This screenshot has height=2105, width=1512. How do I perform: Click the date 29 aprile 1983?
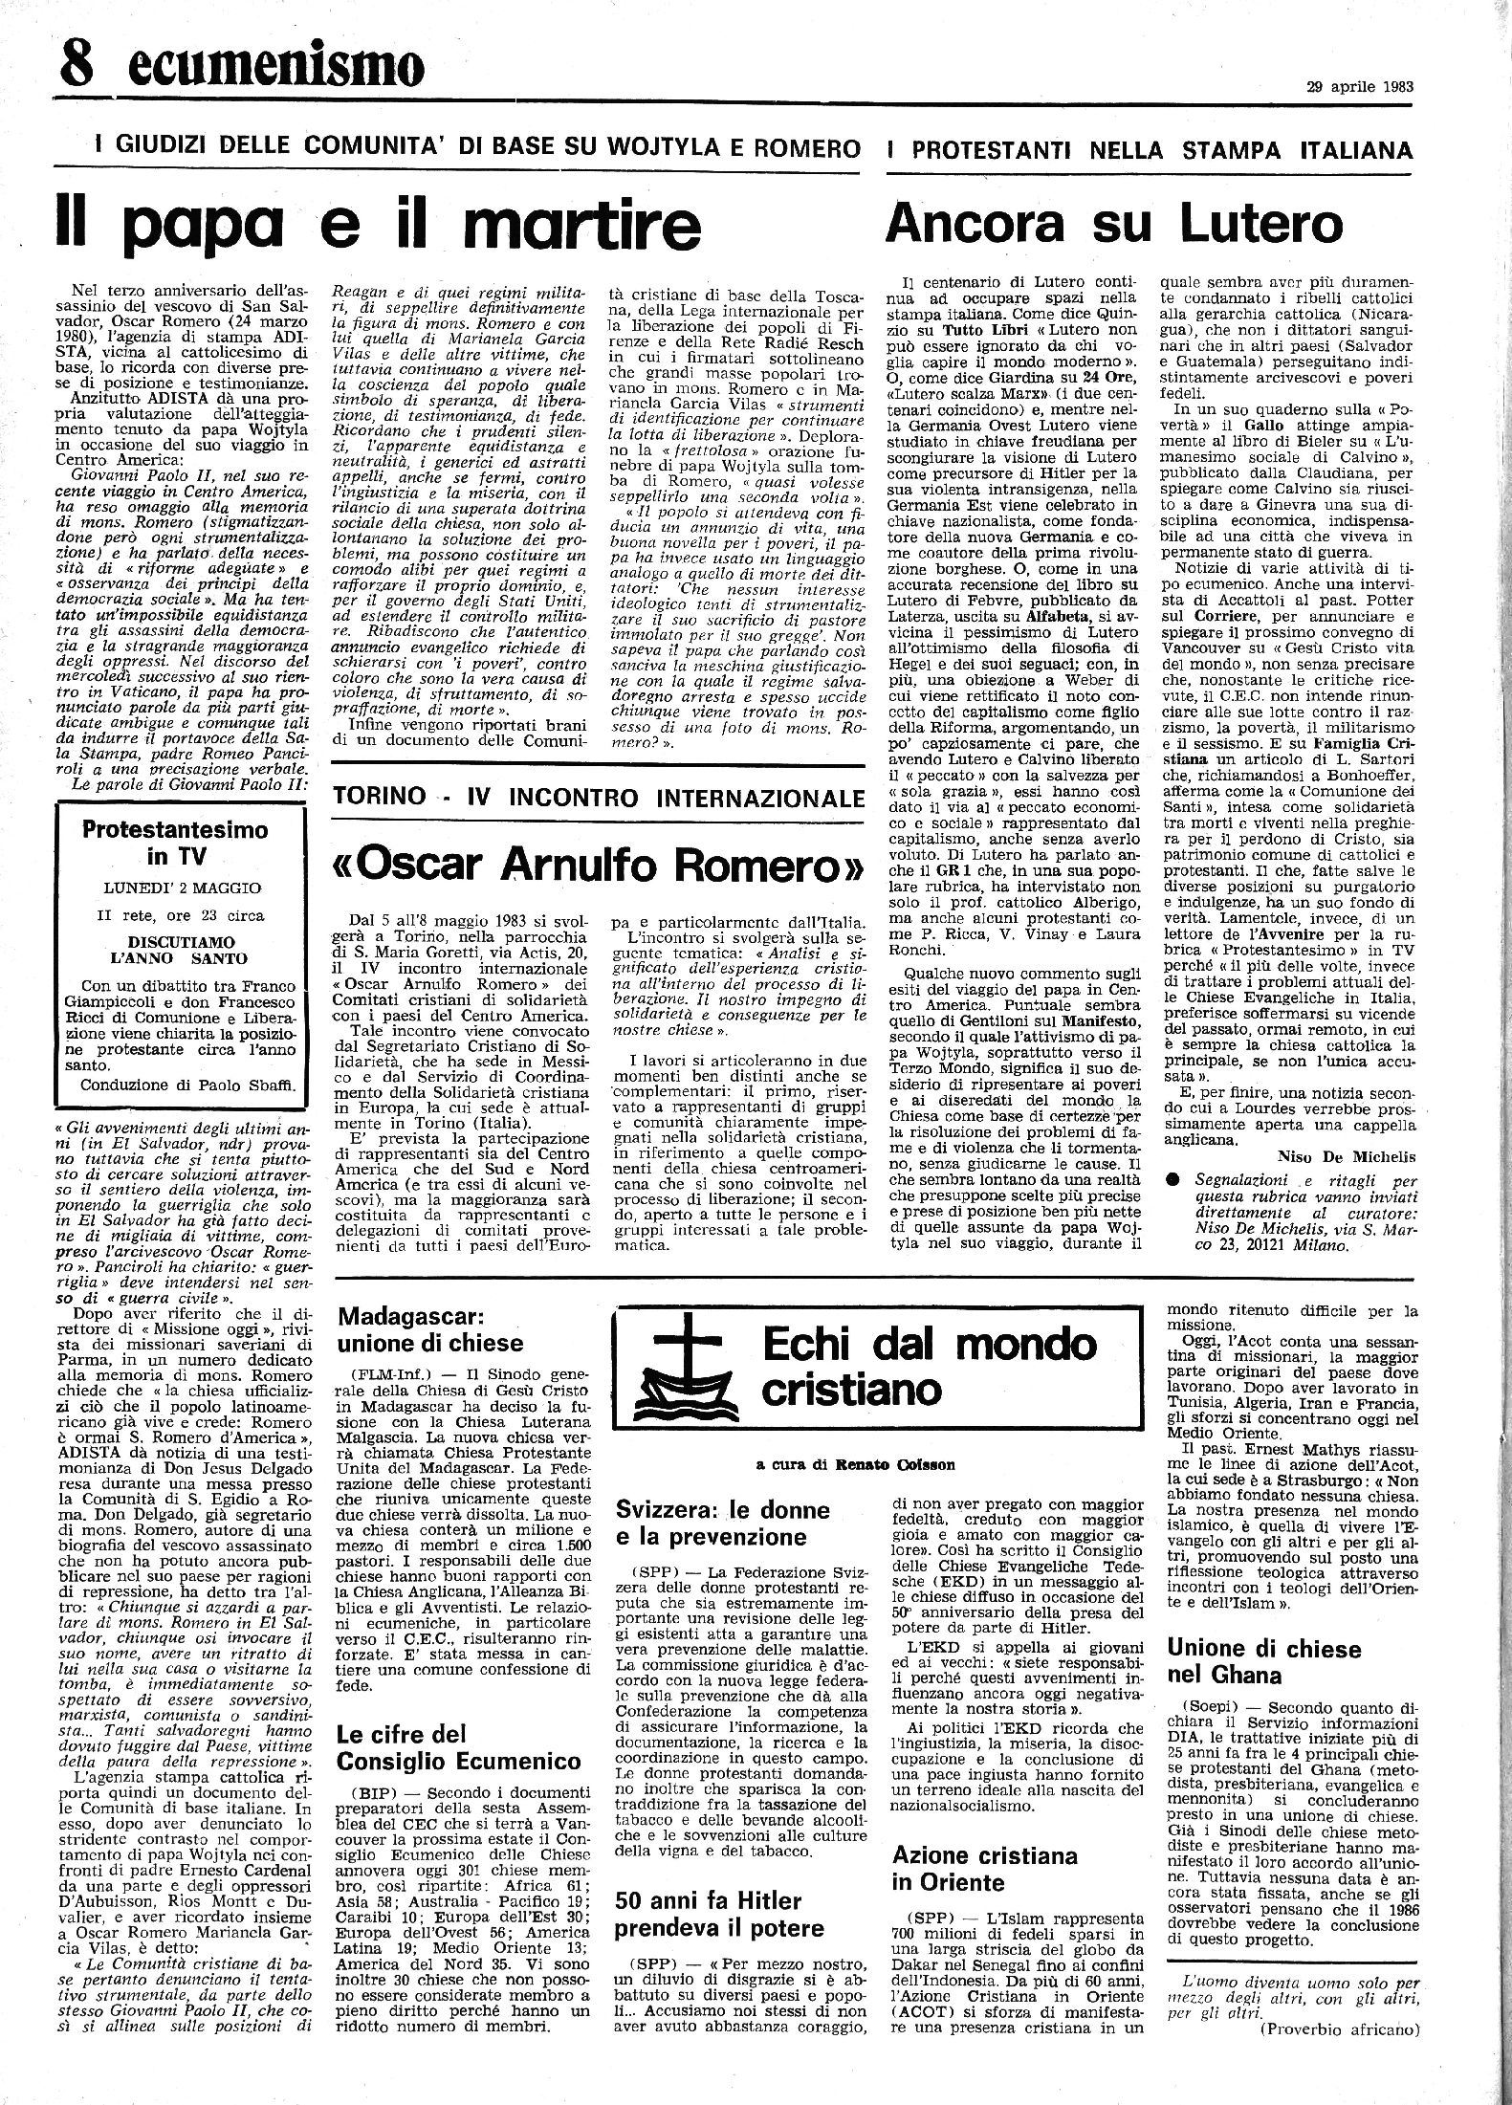[1360, 85]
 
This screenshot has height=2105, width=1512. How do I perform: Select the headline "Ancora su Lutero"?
[1114, 222]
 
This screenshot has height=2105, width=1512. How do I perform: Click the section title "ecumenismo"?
[274, 66]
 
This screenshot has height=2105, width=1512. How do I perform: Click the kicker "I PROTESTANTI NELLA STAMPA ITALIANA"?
[1149, 149]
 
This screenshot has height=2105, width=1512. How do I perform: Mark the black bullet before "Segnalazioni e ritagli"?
[1173, 1179]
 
